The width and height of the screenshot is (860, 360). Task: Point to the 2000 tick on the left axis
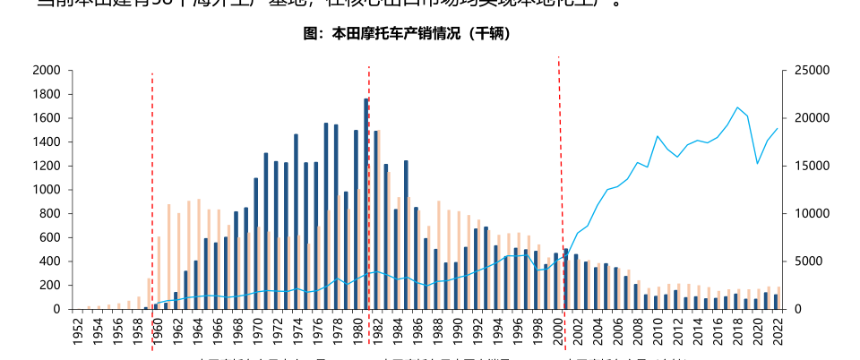tap(46, 70)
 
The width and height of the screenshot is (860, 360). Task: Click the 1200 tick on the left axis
tap(46, 166)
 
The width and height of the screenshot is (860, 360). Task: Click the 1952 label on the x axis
tap(78, 334)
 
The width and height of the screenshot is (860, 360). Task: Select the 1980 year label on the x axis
tap(357, 334)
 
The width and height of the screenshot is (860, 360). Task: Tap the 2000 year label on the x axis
tap(556, 334)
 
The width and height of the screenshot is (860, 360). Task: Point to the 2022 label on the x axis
tap(776, 334)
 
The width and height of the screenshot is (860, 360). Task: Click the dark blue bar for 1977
tap(326, 216)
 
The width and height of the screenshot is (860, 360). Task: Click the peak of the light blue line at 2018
tap(736, 107)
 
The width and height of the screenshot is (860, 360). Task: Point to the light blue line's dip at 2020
tap(757, 163)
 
